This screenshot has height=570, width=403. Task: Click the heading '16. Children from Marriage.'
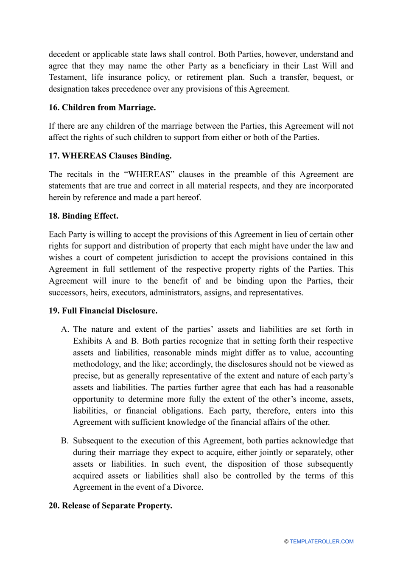click(102, 107)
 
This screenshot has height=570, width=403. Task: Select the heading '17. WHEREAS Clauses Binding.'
click(110, 156)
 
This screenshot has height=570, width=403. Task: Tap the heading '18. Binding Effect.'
click(83, 216)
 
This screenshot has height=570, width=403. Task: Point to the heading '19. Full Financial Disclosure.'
click(103, 310)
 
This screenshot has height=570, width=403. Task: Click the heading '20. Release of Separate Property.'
click(110, 505)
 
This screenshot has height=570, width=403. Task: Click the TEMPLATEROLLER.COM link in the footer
click(322, 542)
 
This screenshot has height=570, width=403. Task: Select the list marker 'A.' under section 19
click(65, 329)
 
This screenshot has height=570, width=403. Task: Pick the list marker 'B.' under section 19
click(65, 441)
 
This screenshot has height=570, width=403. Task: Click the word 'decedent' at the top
click(64, 54)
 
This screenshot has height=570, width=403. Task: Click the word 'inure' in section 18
click(121, 281)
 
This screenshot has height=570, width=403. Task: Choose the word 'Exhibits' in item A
click(87, 341)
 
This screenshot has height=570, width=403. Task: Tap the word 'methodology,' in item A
click(96, 364)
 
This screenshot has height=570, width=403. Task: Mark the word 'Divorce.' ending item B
click(188, 487)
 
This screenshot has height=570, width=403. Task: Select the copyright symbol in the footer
click(286, 542)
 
